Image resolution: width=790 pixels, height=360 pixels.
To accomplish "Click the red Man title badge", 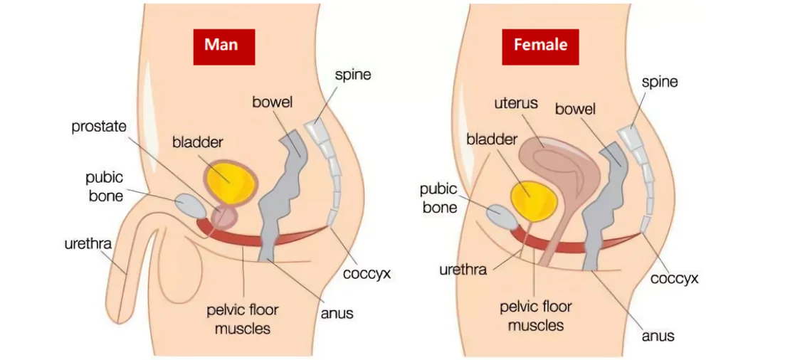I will [x=223, y=45].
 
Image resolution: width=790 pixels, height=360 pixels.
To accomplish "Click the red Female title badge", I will [x=540, y=45].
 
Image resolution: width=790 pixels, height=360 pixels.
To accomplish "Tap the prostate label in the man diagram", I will [x=99, y=127].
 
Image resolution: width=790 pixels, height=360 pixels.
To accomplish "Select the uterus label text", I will [x=515, y=104].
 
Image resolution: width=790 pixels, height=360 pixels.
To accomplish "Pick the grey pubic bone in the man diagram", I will [x=191, y=204].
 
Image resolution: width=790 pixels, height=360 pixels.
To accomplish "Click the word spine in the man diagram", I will [x=352, y=74].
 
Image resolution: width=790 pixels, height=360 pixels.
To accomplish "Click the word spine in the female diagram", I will [x=659, y=81].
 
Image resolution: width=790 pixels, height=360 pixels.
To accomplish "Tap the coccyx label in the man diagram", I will [x=367, y=272].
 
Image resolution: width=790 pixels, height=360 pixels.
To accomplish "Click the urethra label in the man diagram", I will [x=88, y=244].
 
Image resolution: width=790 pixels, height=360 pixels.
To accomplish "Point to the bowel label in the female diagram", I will [x=575, y=110].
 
